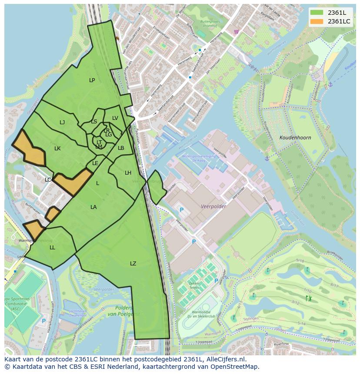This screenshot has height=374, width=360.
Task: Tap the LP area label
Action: click(x=92, y=80)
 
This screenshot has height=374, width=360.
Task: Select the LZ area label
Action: click(x=133, y=264)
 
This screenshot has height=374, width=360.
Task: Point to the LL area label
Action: click(x=52, y=248)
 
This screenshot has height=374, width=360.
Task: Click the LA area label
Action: click(x=93, y=207)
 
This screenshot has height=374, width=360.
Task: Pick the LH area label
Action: click(x=128, y=173)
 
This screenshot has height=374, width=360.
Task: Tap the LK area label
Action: click(x=57, y=149)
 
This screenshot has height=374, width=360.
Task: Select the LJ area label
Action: click(x=62, y=122)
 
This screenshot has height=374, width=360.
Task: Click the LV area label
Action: click(x=115, y=118)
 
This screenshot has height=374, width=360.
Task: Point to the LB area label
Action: click(x=121, y=148)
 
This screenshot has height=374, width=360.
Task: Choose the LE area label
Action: click(x=95, y=163)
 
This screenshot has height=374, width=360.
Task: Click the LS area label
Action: click(x=94, y=122)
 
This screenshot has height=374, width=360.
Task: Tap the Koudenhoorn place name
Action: click(x=296, y=138)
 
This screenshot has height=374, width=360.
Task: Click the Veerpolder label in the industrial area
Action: click(x=213, y=206)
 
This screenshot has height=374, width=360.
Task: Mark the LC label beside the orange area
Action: click(x=48, y=180)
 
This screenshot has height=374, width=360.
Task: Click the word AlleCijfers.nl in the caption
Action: click(x=226, y=359)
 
